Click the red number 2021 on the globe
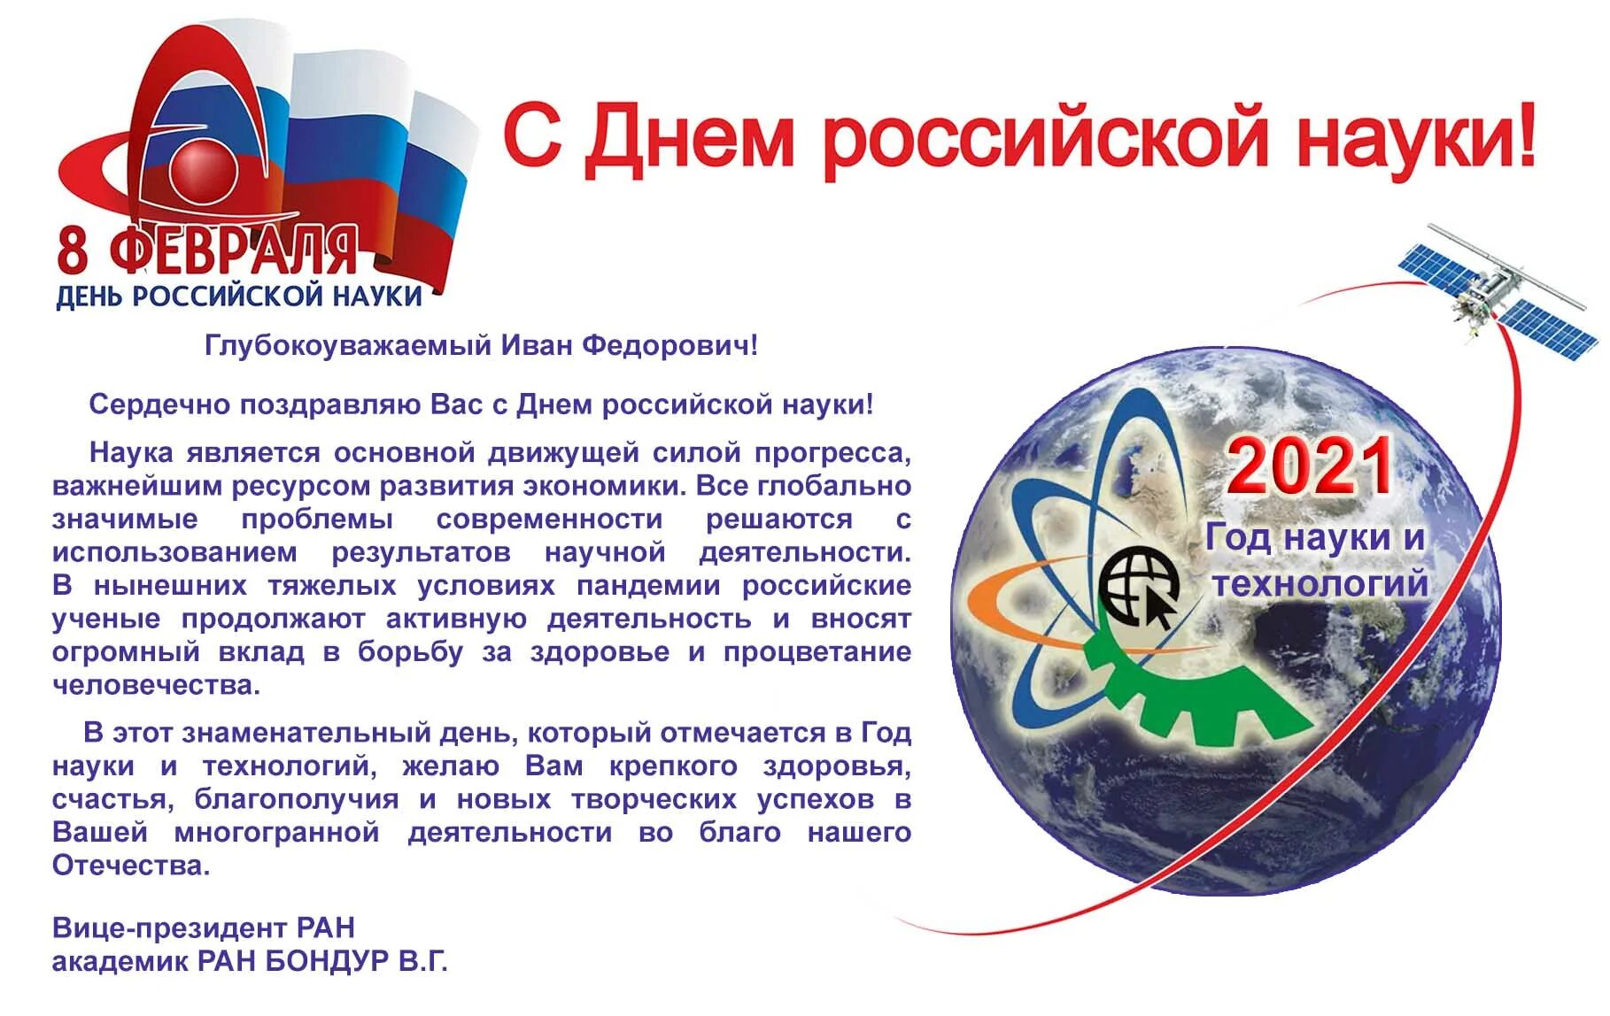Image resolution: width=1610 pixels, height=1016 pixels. click(1309, 468)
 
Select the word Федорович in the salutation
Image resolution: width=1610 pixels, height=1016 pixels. click(670, 345)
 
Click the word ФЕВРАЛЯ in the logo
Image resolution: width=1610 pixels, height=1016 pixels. click(234, 250)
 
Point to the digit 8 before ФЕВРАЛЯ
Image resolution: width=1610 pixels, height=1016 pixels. click(74, 250)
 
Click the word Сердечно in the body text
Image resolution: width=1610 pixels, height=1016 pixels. click(159, 404)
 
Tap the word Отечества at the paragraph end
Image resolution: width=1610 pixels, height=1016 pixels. click(130, 866)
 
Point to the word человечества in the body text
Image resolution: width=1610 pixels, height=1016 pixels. click(156, 686)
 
